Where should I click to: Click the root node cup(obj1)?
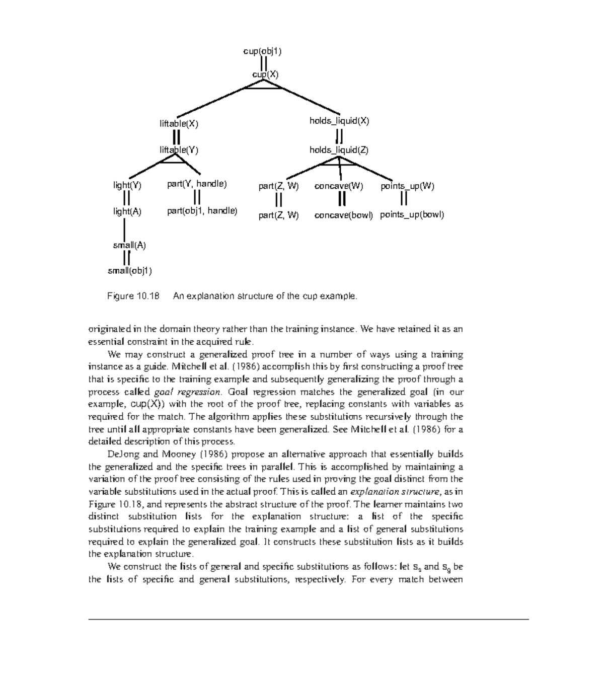click(x=262, y=51)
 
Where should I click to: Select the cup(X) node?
click(x=265, y=74)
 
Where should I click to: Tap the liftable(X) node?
click(x=179, y=123)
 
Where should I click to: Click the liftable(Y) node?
click(x=179, y=149)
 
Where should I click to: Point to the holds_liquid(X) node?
click(x=339, y=121)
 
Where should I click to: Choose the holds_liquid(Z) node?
click(x=339, y=149)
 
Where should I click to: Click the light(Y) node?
click(x=127, y=185)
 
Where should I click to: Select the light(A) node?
click(x=127, y=211)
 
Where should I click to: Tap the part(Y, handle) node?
click(x=197, y=184)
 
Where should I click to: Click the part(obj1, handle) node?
click(x=202, y=211)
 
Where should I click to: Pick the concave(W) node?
click(x=339, y=186)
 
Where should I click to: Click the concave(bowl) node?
click(x=343, y=215)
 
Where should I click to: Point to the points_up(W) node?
click(x=407, y=186)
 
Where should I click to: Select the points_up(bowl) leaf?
click(x=412, y=215)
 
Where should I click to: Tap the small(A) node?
click(x=129, y=246)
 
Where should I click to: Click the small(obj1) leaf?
click(x=130, y=271)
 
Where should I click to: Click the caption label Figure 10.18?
click(x=133, y=296)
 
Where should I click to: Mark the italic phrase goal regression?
click(x=187, y=392)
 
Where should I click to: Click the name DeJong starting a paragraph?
click(x=124, y=454)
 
